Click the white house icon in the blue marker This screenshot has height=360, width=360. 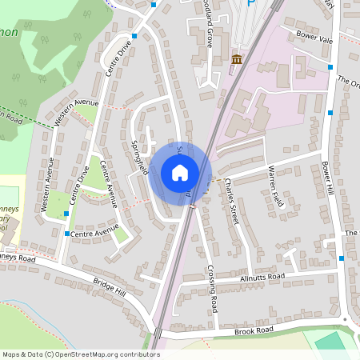pos(180,172)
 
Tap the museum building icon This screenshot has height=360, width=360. pos(237,59)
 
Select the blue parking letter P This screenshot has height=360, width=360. pos(251,3)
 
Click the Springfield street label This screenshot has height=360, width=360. pos(140,158)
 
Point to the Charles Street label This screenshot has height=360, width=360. pos(231,202)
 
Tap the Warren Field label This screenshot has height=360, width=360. pos(275,183)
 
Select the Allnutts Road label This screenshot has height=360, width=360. pos(262,277)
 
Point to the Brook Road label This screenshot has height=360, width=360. pos(254,330)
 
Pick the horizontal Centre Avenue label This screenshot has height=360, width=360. pos(94,234)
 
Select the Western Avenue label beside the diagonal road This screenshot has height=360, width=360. pos(77,113)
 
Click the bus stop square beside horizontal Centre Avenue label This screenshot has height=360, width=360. pos(66,234)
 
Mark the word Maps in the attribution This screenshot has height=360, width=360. pos(11,354)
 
